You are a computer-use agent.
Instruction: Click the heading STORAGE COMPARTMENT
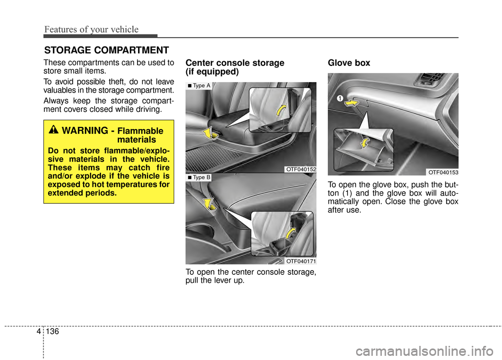[106, 50]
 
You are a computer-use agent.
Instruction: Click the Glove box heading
[349, 63]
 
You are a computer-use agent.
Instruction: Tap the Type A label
[199, 86]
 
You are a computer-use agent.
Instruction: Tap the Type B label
[199, 178]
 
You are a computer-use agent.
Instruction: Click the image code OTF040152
[301, 169]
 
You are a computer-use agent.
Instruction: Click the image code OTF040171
[301, 260]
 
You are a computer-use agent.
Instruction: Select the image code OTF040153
[443, 171]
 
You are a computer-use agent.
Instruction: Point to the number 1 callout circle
[339, 98]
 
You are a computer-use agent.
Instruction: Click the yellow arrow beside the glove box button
[353, 103]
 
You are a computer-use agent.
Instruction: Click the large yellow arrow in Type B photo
[211, 204]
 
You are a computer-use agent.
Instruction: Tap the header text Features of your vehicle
[91, 29]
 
